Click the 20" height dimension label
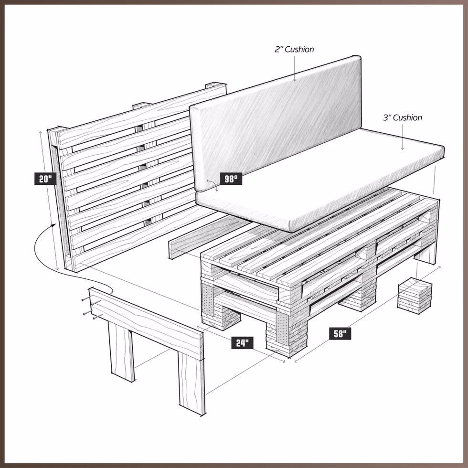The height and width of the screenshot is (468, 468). pos(46,179)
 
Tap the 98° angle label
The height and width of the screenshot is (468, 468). pos(231,179)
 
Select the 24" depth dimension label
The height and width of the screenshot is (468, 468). pos(242,342)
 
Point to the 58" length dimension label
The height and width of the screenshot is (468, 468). pos(340,333)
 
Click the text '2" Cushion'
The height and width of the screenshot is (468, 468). pos(294,50)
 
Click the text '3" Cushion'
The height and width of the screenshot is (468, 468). pos(402,117)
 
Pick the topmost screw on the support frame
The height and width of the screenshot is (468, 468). pos(85,298)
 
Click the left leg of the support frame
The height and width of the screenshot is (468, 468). pos(121,351)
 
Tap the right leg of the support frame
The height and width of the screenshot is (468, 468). pos(191,382)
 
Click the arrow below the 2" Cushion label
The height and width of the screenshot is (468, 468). pos(294,78)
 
